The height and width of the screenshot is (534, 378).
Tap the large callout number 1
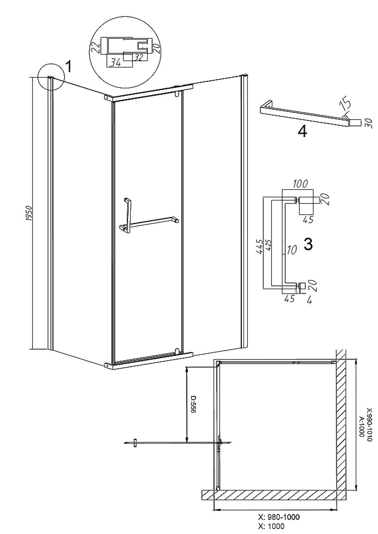pos(68,66)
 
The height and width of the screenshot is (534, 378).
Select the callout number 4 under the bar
pos(302,131)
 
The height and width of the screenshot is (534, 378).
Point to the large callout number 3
pos(308,244)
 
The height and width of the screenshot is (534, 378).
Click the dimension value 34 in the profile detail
pos(116,63)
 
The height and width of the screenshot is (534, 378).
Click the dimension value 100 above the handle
pos(300,184)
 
